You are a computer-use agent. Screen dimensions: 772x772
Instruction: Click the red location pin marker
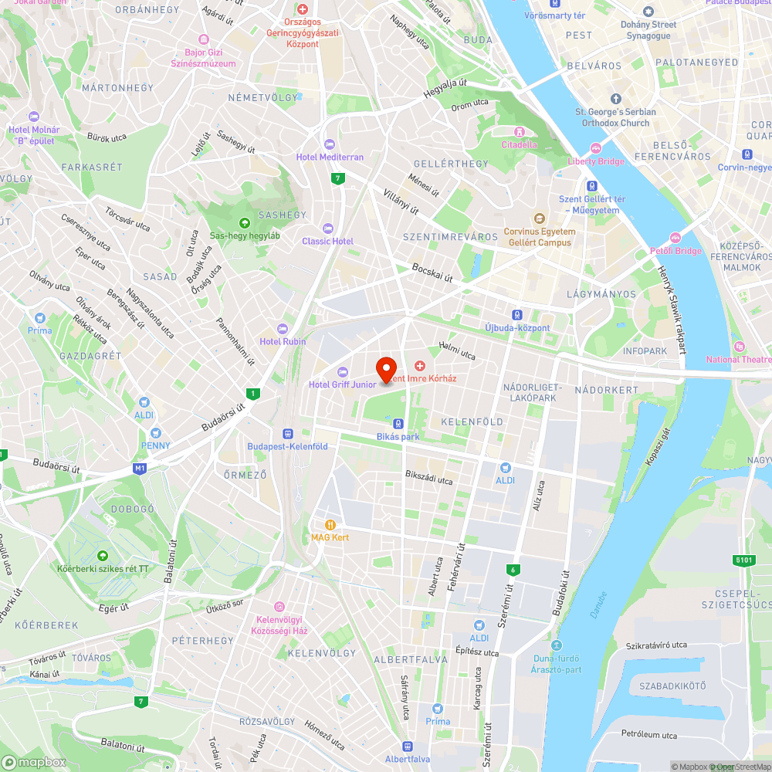386,368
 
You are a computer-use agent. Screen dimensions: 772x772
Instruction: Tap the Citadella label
519,144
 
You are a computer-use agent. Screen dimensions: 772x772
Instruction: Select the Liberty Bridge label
595,161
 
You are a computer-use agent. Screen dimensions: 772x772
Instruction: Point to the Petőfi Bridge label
675,250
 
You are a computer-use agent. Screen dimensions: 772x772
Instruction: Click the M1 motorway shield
139,469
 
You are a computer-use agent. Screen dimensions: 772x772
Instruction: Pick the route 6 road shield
511,571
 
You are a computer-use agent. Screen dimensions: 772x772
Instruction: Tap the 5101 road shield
744,560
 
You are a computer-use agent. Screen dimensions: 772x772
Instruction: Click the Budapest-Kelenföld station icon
287,434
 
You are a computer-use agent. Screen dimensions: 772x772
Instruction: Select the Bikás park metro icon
398,424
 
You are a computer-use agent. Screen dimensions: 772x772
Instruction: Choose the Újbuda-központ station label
517,327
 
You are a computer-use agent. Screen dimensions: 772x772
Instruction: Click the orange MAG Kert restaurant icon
330,524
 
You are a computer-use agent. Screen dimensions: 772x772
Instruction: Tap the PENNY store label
155,445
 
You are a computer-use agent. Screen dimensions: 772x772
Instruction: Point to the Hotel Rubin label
283,341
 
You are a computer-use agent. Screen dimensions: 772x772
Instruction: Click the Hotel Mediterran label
330,157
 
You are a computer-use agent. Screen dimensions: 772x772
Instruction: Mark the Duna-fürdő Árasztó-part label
557,663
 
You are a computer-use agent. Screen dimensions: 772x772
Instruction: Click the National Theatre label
739,359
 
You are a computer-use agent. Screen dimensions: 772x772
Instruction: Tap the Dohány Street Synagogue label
648,30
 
